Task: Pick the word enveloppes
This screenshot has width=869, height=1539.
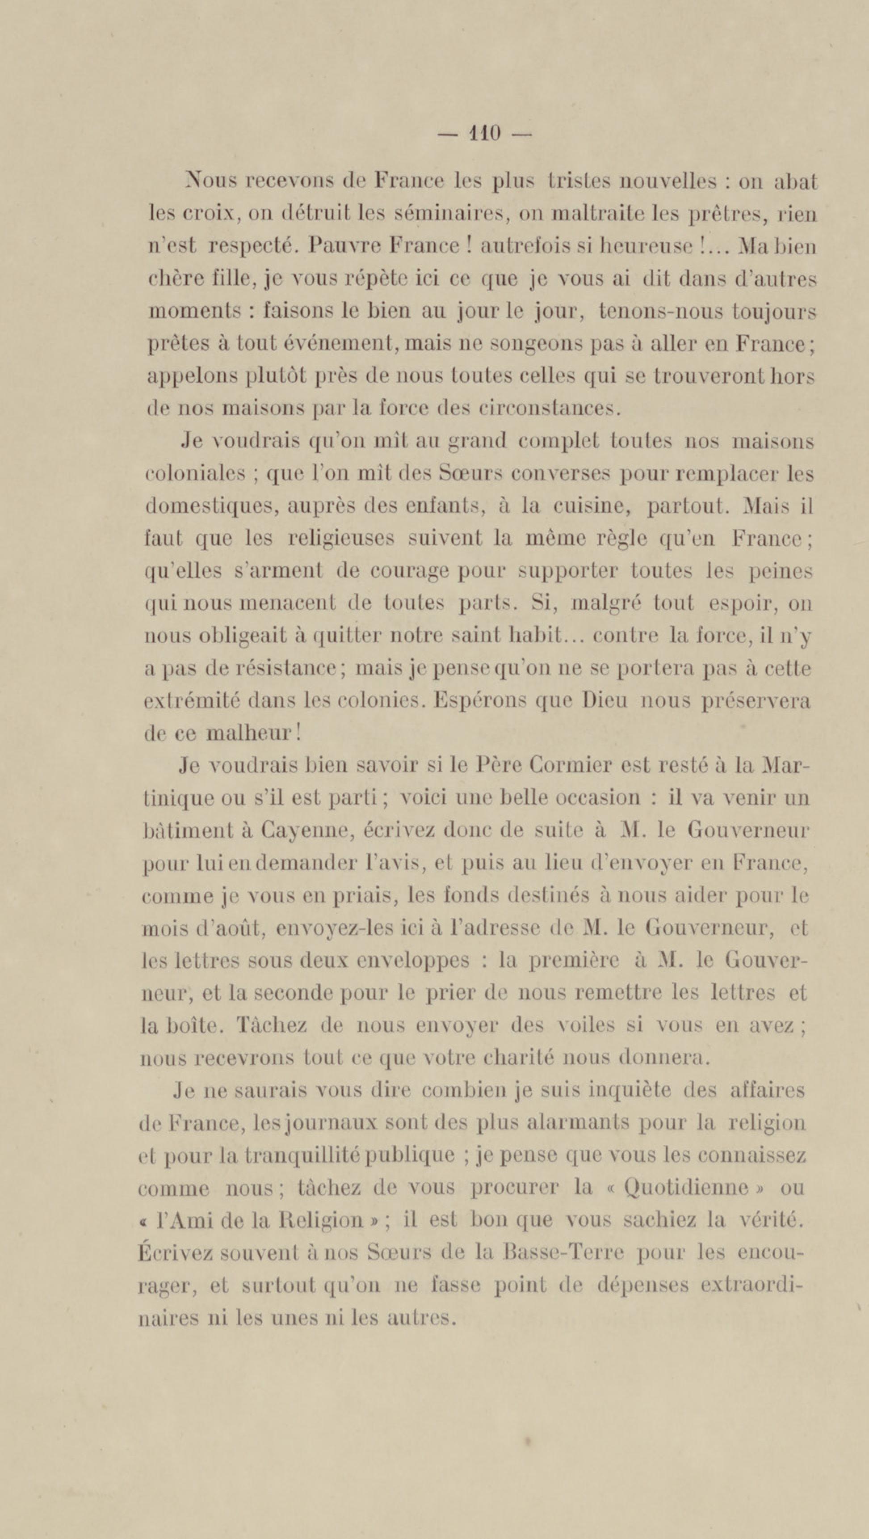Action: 418,961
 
